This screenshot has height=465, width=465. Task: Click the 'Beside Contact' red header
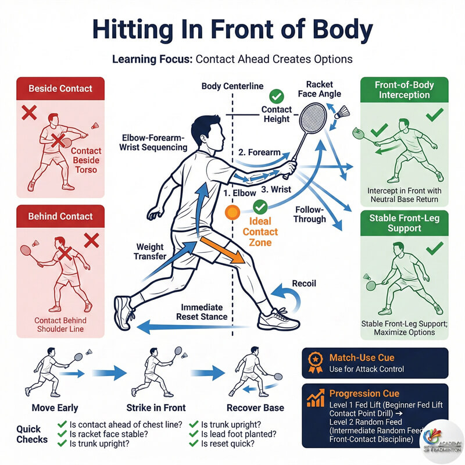tap(61, 89)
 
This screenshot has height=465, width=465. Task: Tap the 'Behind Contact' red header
tap(61, 216)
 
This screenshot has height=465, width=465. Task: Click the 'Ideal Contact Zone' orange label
tap(259, 232)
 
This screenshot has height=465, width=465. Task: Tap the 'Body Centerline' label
tap(229, 87)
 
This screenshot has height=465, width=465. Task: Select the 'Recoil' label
tap(305, 283)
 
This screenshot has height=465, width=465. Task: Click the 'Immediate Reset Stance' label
tap(202, 312)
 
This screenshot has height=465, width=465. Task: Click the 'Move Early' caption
tap(56, 407)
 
